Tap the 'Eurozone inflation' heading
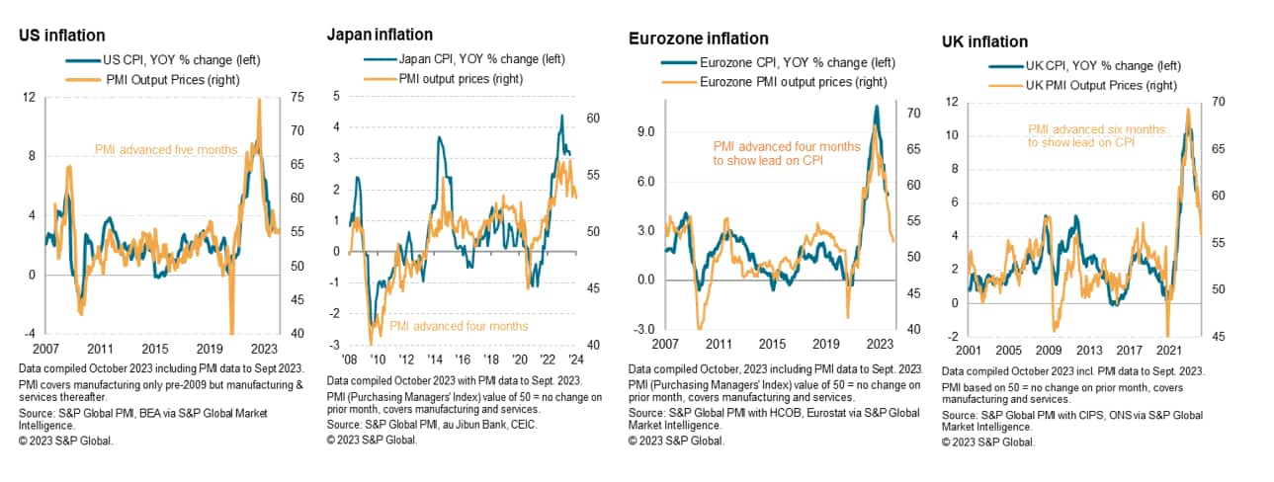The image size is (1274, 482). pyautogui.click(x=698, y=39)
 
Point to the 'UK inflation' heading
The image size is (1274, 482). pyautogui.click(x=984, y=41)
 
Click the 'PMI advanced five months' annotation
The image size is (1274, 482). pyautogui.click(x=165, y=150)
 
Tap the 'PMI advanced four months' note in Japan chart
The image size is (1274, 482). pyautogui.click(x=459, y=326)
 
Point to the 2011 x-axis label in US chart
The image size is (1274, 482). pyautogui.click(x=99, y=349)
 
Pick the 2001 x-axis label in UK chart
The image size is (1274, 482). pyautogui.click(x=956, y=350)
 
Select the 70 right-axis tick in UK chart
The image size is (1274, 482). pyautogui.click(x=1213, y=102)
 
